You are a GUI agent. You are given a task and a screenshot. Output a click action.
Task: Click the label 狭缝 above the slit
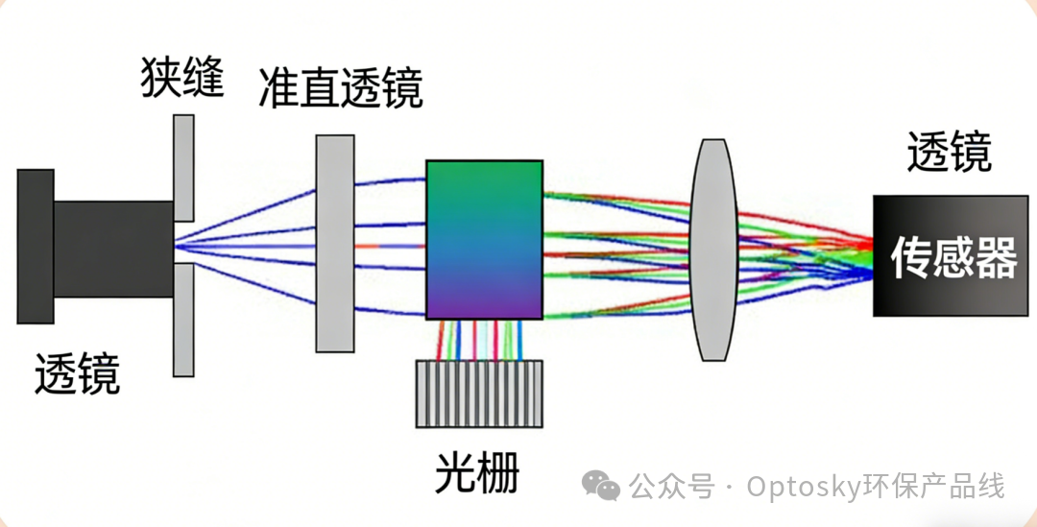[182, 78]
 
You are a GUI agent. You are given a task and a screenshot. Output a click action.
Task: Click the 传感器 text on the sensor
[953, 258]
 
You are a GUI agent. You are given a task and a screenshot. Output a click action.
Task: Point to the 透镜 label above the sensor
[949, 153]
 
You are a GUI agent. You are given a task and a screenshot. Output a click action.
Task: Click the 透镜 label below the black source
[78, 372]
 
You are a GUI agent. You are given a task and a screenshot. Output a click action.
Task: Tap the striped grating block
[478, 394]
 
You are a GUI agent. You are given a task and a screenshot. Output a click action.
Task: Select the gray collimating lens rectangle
[335, 243]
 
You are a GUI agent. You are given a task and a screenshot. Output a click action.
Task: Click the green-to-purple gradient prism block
[484, 240]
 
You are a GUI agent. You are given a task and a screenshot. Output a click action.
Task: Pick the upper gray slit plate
[183, 167]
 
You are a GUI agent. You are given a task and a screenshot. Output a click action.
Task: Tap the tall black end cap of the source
[35, 246]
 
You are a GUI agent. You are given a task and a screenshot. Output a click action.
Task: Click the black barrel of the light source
[113, 249]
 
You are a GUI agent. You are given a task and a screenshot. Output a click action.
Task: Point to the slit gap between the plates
[183, 244]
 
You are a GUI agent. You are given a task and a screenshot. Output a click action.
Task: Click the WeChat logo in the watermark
[604, 487]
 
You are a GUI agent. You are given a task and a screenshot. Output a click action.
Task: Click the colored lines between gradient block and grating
[479, 339]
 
